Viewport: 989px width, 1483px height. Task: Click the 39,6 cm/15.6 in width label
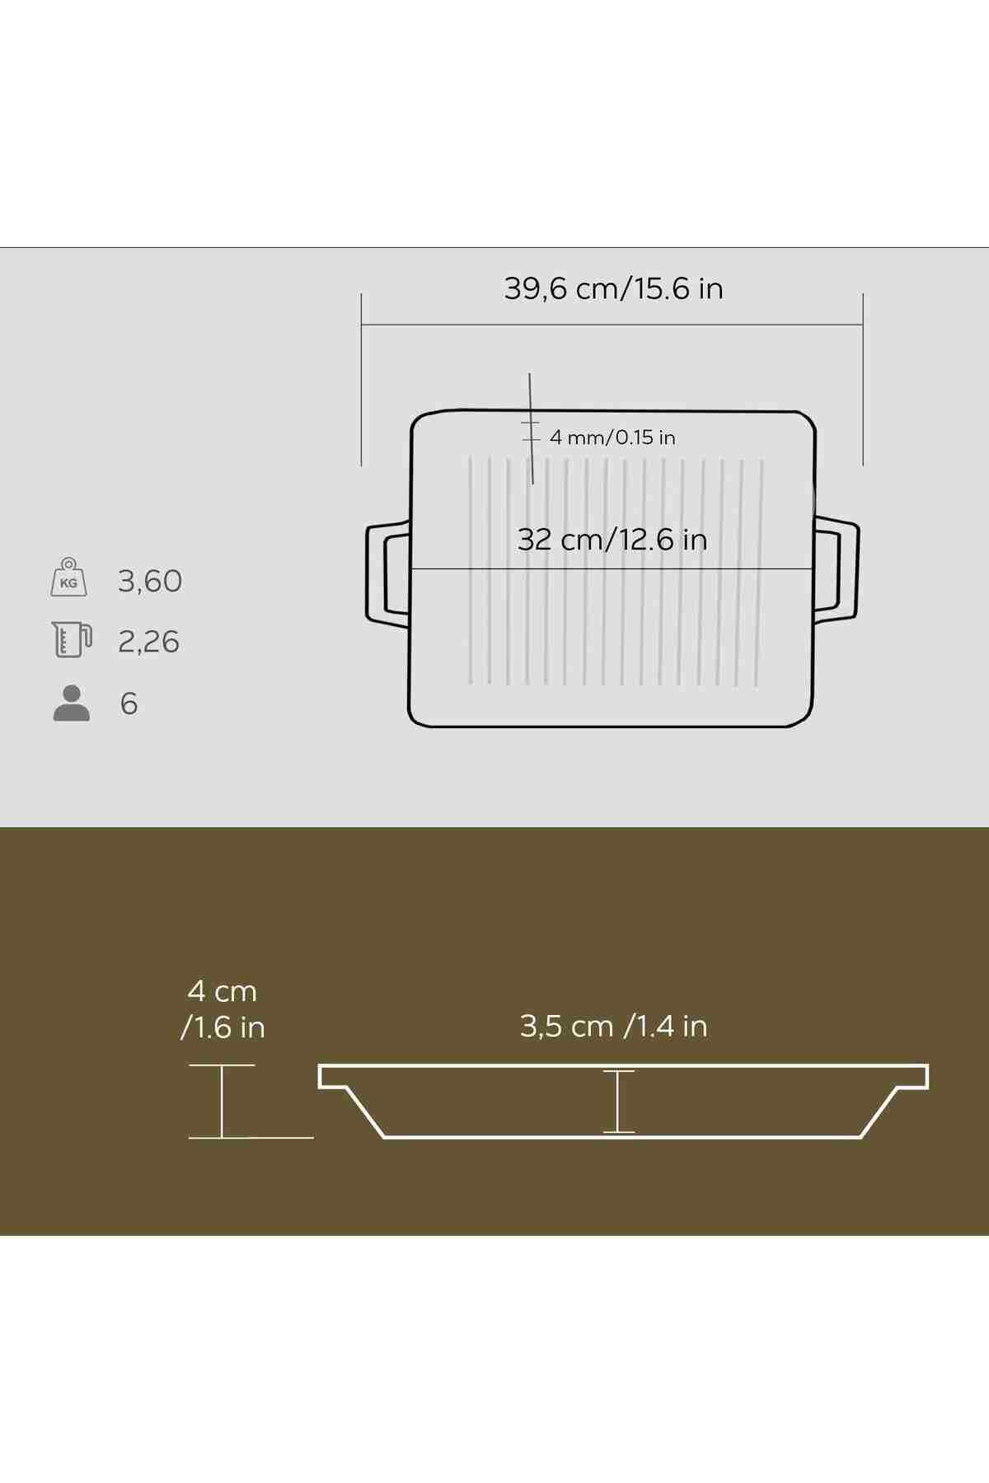click(x=613, y=288)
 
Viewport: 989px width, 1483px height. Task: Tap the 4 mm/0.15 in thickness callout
click(x=612, y=437)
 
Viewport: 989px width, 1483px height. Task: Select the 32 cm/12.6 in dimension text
click(x=612, y=540)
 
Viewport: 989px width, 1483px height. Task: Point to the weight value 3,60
click(x=149, y=582)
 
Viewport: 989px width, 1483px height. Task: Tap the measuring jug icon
click(x=71, y=639)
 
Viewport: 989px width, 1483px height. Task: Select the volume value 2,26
click(x=148, y=642)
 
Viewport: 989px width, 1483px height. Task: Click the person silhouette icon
click(x=72, y=704)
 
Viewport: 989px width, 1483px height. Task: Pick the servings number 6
click(x=129, y=704)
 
